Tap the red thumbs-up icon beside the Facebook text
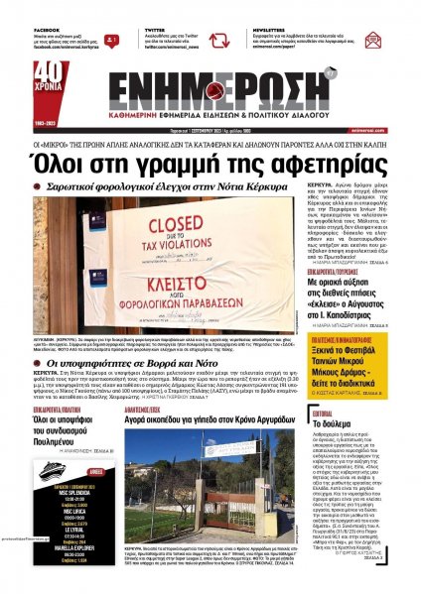113,41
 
